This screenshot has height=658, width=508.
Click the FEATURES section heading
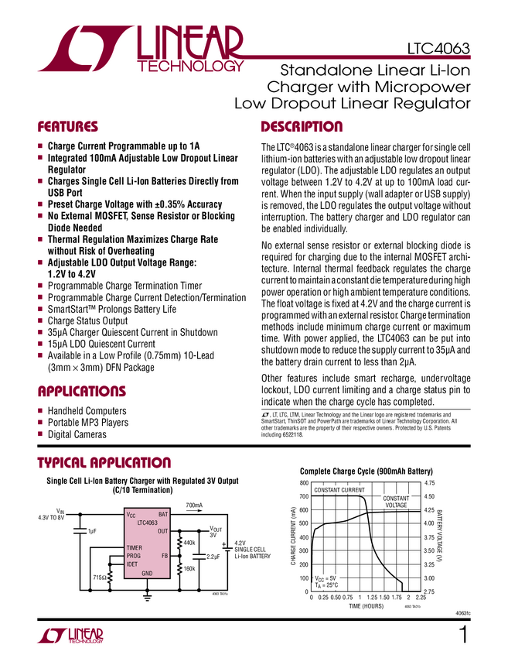pos(68,127)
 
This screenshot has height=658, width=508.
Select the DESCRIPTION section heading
pos(302,127)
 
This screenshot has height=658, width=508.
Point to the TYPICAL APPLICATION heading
pos(104,463)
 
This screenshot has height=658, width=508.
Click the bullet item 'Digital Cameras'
pos(77,435)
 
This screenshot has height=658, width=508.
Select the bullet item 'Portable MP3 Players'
pos(87,423)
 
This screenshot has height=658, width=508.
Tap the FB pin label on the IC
pos(165,556)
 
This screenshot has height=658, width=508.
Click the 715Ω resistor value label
pos(99,577)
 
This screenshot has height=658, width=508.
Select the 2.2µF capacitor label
pos(213,557)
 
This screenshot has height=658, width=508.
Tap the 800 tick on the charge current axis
pos(303,483)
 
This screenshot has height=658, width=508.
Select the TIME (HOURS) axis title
pos(366,606)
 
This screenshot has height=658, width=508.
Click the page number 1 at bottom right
pos(464,636)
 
